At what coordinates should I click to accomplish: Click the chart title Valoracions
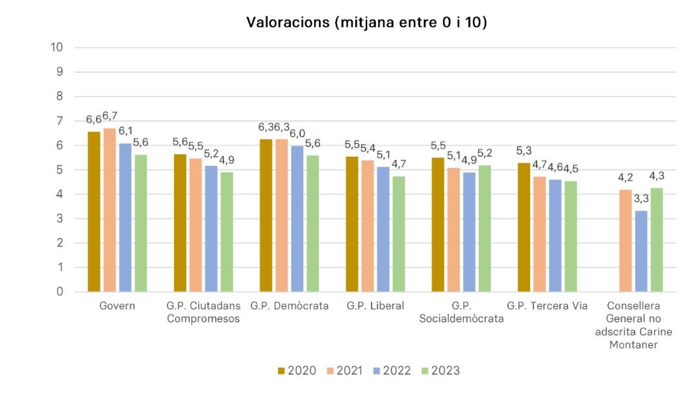(366, 23)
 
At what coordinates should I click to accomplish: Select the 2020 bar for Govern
(94, 211)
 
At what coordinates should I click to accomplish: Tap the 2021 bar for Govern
(110, 209)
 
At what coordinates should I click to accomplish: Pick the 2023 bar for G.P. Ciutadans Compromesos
(227, 231)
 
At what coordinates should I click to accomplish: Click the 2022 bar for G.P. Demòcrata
(297, 218)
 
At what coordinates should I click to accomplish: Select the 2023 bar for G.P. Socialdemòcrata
(484, 228)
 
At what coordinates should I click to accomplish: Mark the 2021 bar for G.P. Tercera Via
(539, 234)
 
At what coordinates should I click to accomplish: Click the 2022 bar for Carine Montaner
(641, 251)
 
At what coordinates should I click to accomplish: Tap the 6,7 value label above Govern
(110, 116)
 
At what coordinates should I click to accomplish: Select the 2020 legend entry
(297, 371)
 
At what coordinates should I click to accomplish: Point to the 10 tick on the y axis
(57, 47)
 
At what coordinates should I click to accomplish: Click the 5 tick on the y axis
(59, 170)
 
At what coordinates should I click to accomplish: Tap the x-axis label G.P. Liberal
(375, 306)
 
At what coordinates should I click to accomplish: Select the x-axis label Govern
(118, 306)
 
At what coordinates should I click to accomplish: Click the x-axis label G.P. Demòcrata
(289, 306)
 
